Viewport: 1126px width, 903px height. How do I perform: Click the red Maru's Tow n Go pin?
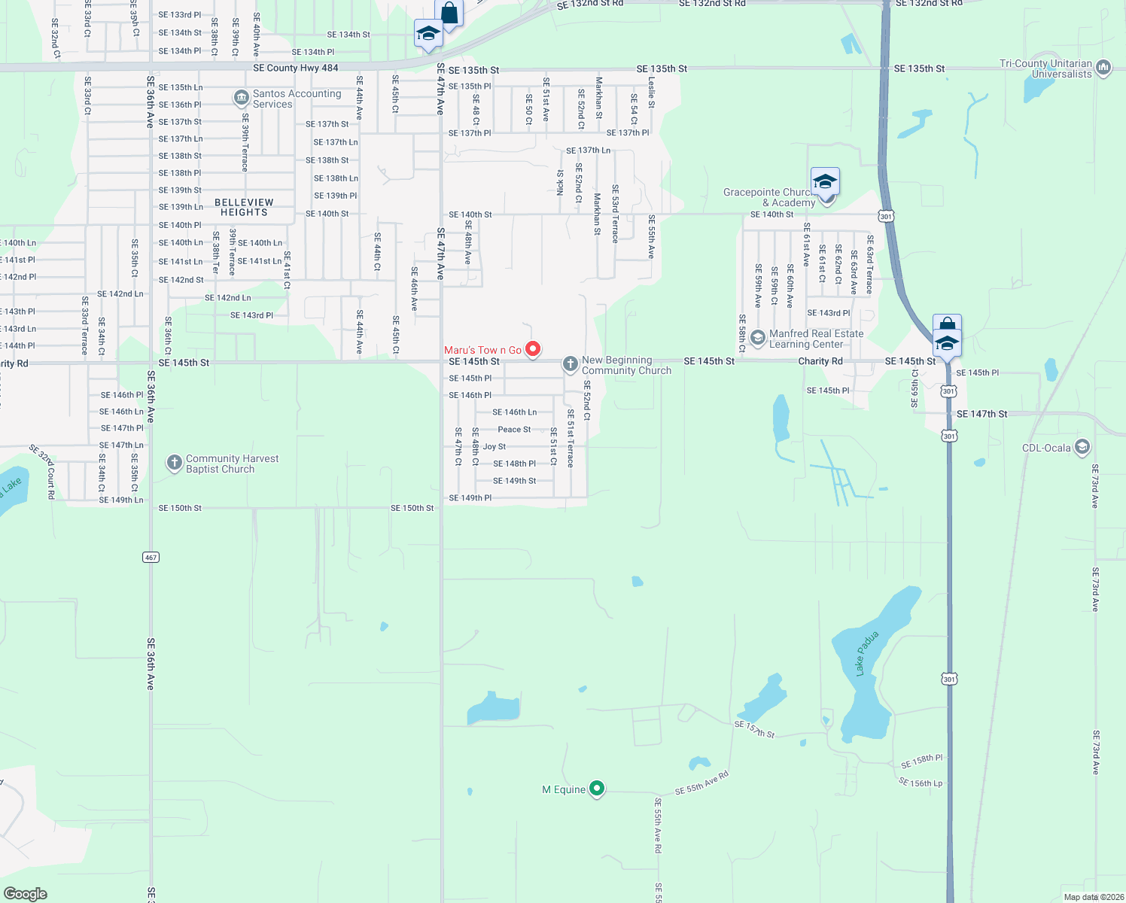pyautogui.click(x=533, y=349)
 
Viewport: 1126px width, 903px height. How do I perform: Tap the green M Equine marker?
pyautogui.click(x=597, y=789)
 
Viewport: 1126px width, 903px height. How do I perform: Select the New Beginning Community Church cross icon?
pyautogui.click(x=571, y=365)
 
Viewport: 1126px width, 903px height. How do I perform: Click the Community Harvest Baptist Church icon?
pyautogui.click(x=175, y=463)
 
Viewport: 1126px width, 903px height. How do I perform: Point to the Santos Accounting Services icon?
pyautogui.click(x=242, y=98)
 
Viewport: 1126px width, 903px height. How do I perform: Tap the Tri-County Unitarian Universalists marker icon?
pyautogui.click(x=1103, y=68)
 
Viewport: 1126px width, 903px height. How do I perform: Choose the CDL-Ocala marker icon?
pyautogui.click(x=1082, y=447)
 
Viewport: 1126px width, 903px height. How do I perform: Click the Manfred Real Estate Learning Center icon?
pyautogui.click(x=758, y=338)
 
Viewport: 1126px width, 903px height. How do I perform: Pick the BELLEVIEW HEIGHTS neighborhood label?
pyautogui.click(x=244, y=207)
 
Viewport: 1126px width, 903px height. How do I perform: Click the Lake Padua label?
pyautogui.click(x=867, y=653)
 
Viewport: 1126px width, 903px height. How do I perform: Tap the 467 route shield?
pyautogui.click(x=151, y=557)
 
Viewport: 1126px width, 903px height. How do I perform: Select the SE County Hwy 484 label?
pyautogui.click(x=296, y=68)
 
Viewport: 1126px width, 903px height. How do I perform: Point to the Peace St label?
pyautogui.click(x=514, y=430)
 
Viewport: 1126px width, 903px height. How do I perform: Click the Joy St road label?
pyautogui.click(x=495, y=446)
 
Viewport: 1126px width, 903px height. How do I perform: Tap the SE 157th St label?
pyautogui.click(x=754, y=728)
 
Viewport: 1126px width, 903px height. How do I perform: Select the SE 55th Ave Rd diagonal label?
pyautogui.click(x=701, y=783)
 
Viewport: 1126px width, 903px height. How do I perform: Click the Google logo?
pyautogui.click(x=26, y=893)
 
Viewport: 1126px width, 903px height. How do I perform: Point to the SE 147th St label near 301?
pyautogui.click(x=981, y=414)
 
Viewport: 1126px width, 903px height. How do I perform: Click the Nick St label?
pyautogui.click(x=561, y=182)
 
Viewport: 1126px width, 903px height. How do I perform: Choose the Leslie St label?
pyautogui.click(x=652, y=92)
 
